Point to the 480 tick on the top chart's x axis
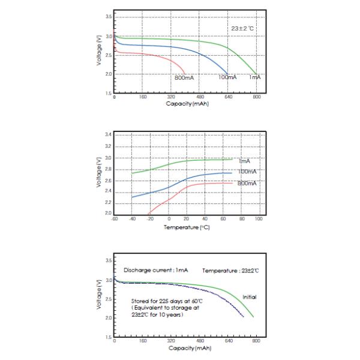click(200, 97)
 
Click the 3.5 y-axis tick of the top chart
click(109, 17)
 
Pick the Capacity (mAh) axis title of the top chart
click(187, 103)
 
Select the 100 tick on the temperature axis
click(259, 219)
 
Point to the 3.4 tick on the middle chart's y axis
click(109, 135)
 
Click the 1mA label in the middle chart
click(244, 161)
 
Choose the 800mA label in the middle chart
click(247, 182)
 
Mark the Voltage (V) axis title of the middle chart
click(98, 174)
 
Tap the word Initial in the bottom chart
click(249, 298)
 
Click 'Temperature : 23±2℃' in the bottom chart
click(230, 271)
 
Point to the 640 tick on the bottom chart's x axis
click(229, 340)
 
